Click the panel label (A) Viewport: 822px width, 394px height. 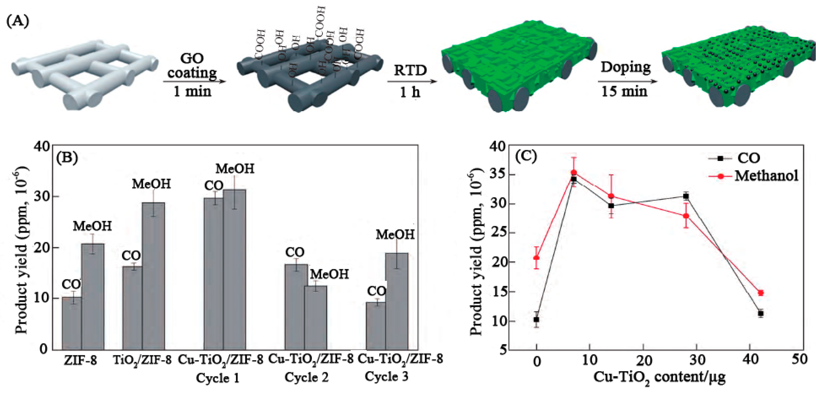click(x=18, y=22)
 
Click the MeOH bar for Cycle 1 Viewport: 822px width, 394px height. click(x=235, y=270)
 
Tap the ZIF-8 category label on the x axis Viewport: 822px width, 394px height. click(x=80, y=360)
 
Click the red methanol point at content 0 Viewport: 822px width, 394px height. click(x=536, y=258)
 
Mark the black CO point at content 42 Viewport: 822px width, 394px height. click(x=761, y=314)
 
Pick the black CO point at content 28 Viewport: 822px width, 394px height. click(x=686, y=196)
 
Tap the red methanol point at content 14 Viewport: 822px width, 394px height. click(x=611, y=196)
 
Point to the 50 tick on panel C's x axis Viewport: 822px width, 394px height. click(x=800, y=360)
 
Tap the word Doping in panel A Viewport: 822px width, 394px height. click(x=626, y=67)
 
